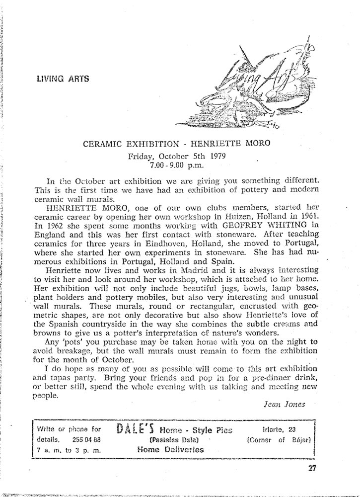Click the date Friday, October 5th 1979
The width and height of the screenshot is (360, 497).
tap(177, 155)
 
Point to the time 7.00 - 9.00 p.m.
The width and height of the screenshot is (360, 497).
tap(177, 164)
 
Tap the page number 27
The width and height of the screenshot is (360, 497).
tap(311, 467)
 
